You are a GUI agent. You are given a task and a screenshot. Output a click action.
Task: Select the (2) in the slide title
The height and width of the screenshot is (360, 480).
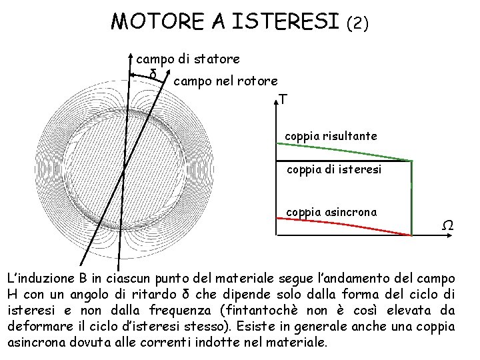(357, 24)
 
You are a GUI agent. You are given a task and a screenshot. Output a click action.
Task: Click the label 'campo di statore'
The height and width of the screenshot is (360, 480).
(188, 59)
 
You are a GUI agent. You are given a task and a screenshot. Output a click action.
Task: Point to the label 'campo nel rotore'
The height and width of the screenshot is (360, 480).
(225, 81)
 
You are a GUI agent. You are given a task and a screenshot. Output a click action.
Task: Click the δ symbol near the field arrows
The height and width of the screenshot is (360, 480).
(153, 73)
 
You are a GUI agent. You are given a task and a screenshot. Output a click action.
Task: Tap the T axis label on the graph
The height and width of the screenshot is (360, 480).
(285, 99)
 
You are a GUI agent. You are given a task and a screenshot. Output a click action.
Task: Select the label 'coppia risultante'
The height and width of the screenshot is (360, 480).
(331, 136)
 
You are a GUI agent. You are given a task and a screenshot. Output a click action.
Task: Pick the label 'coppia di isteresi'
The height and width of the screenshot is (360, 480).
(334, 170)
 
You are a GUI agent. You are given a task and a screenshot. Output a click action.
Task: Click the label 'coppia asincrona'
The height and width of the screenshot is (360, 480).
(331, 212)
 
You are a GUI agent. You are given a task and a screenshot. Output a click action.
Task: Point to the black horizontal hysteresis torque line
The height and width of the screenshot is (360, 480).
(333, 161)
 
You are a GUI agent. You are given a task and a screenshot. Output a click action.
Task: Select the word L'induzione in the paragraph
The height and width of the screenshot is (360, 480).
(39, 277)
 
